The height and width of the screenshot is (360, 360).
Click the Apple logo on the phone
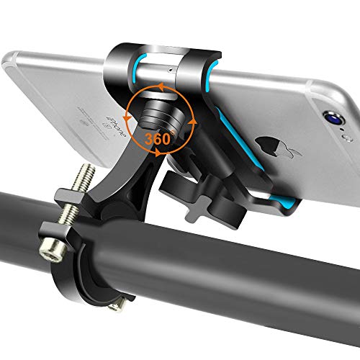click(x=276, y=145)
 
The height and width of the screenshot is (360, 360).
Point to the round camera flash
click(x=348, y=138)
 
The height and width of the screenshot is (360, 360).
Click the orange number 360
click(x=157, y=138)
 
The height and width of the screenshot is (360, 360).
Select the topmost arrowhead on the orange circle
click(x=161, y=86)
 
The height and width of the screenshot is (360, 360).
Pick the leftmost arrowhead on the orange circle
click(x=127, y=118)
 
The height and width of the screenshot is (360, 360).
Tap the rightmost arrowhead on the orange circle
click(x=192, y=121)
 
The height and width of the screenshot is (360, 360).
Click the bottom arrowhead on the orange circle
click(x=158, y=152)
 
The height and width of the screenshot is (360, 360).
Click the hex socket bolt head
click(x=51, y=252)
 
